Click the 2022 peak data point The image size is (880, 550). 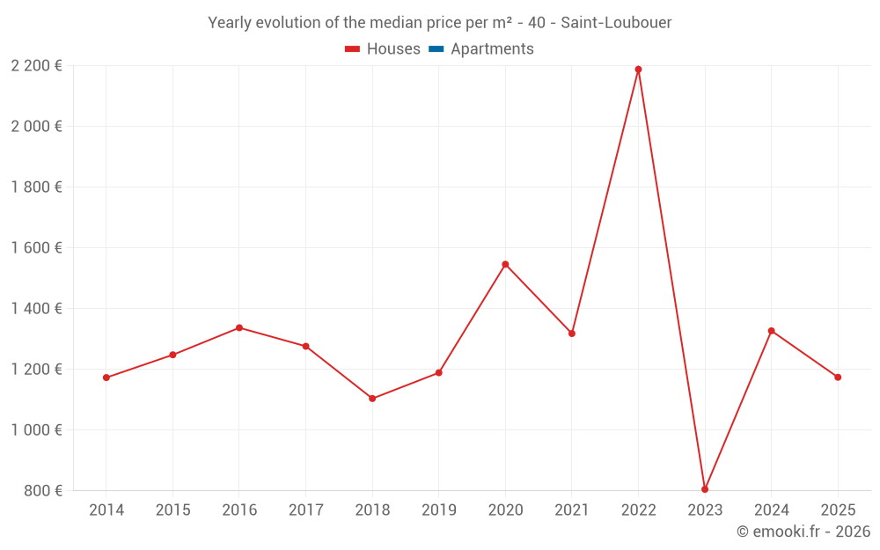638,70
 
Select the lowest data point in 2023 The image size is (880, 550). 705,489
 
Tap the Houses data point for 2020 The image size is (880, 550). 505,264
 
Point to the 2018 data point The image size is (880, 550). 372,399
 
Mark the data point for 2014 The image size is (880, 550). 106,378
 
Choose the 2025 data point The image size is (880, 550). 838,378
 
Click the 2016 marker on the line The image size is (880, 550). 239,327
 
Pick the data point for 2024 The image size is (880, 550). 771,331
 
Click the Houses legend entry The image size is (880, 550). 383,48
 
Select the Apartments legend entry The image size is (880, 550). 481,48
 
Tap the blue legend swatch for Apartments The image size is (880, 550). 436,49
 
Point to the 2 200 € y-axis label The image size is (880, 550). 36,66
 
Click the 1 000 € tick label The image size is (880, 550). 36,430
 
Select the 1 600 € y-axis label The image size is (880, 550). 36,247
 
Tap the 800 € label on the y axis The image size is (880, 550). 43,490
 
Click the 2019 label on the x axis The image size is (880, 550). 439,510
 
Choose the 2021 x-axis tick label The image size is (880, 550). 572,510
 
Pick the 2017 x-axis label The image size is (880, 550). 306,510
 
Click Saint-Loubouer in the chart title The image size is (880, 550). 616,23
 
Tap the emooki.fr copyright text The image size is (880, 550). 803,531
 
